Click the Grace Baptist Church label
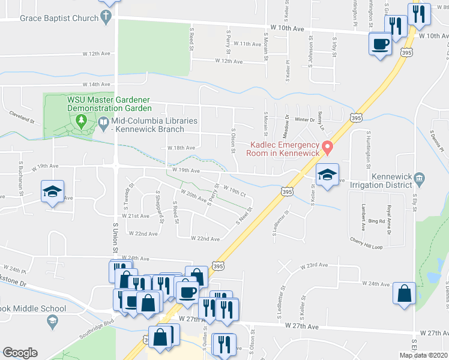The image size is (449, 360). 59,18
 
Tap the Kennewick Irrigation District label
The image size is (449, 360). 402,182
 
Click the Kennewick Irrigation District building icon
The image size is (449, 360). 420,177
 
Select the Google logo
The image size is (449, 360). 20,353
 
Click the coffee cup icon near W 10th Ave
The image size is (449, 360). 381,44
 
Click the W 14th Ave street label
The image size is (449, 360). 97,85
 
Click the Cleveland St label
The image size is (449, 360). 22,112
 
